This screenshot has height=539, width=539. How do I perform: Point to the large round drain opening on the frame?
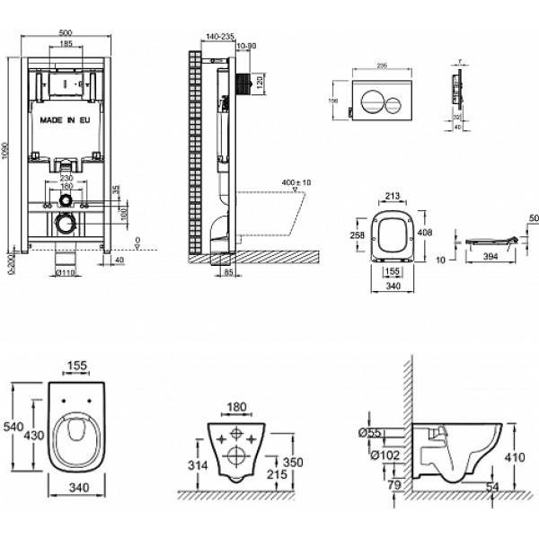64,223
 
